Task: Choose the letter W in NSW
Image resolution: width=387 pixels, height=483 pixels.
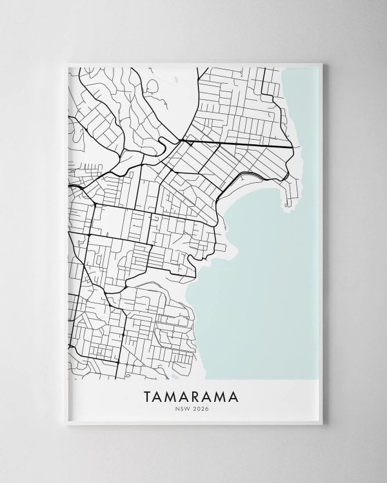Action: pyautogui.click(x=190, y=406)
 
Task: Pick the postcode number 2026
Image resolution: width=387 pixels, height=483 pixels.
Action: pyautogui.click(x=203, y=406)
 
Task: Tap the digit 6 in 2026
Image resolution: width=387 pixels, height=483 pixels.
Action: pyautogui.click(x=208, y=406)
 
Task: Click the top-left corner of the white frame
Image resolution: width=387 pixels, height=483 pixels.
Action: pyautogui.click(x=62, y=60)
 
